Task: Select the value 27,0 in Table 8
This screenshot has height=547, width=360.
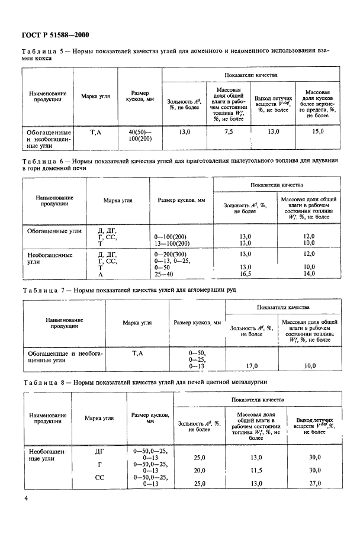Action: (314, 484)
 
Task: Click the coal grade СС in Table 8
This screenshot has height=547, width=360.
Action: (99, 477)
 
